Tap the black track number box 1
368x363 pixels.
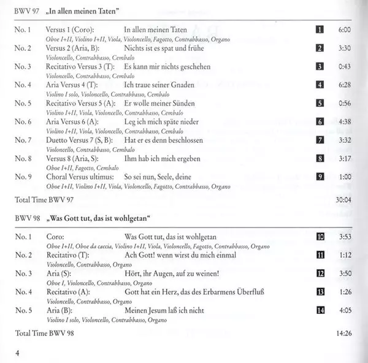320,29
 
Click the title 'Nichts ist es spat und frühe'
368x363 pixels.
163,48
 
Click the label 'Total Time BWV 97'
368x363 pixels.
41,199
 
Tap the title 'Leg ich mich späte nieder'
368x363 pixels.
161,121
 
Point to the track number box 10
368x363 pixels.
320,236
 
